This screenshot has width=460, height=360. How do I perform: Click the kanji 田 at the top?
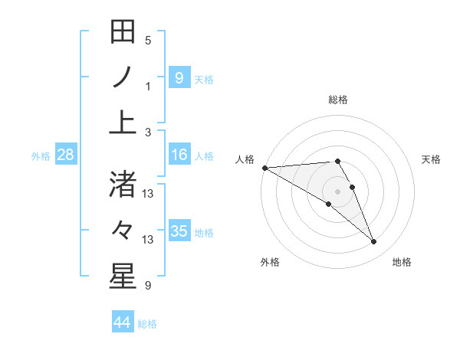(123, 32)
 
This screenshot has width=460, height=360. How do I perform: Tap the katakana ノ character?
(123, 77)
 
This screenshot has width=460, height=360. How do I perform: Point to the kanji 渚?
(123, 185)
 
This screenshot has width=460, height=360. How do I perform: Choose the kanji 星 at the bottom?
(123, 277)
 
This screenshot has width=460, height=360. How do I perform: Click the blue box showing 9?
(179, 77)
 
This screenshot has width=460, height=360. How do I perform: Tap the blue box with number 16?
(179, 155)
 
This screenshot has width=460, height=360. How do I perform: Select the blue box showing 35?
(179, 231)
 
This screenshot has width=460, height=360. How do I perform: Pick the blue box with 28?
(66, 155)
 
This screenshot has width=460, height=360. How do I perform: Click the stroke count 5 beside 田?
(148, 41)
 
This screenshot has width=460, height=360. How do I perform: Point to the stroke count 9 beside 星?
(148, 286)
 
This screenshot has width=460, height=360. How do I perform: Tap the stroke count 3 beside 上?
(148, 133)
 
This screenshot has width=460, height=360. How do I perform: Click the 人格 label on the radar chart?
(245, 159)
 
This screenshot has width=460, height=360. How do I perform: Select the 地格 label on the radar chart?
(402, 262)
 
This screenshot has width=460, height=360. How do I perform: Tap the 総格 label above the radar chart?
(338, 100)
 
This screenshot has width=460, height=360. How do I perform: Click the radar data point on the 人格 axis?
(264, 167)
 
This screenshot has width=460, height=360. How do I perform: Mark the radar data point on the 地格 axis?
(374, 242)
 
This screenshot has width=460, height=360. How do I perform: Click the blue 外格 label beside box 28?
(41, 156)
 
